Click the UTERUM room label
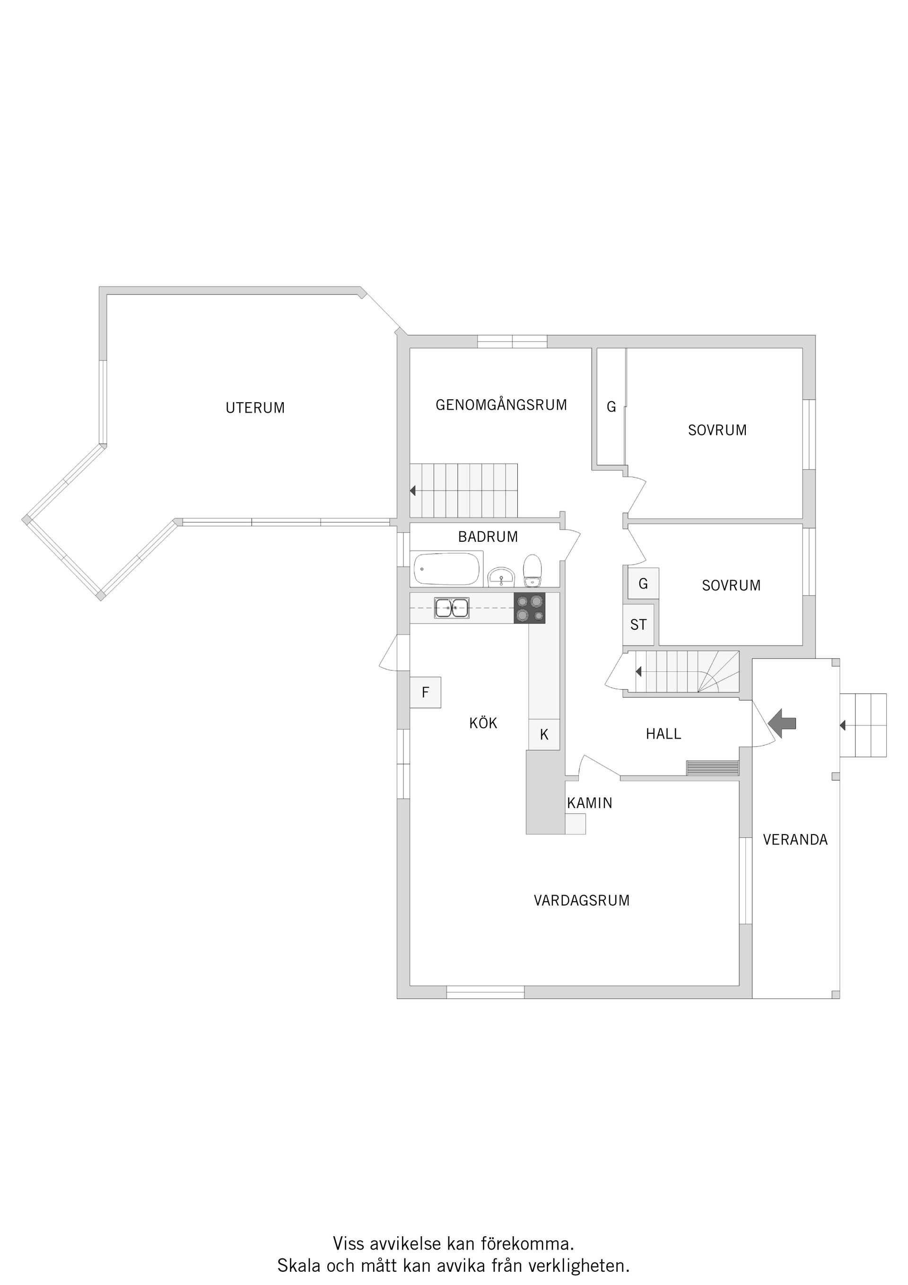point(255,408)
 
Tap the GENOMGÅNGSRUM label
point(501,405)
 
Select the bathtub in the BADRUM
point(446,569)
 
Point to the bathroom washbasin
point(501,577)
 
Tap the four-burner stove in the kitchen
point(529,608)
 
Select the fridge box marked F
point(425,692)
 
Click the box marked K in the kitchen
point(544,735)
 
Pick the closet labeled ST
point(638,625)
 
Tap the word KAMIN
point(590,803)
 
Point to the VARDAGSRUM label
point(581,900)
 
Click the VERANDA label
point(795,839)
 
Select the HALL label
point(664,734)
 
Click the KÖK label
point(483,723)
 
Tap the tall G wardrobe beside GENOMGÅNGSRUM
point(611,407)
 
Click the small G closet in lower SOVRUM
point(643,584)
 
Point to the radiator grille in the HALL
point(712,768)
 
